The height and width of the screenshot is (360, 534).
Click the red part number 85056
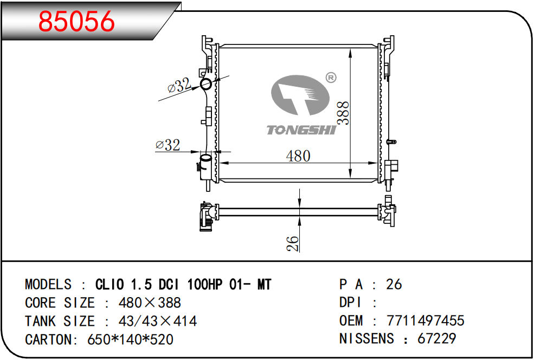[76, 21]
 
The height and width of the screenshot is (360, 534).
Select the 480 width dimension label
[298, 156]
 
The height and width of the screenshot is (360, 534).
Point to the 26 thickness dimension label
[293, 244]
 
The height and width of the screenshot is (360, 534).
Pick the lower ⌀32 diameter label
[168, 145]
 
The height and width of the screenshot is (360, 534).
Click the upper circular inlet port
[206, 84]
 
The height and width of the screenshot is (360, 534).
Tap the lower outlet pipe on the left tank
[205, 163]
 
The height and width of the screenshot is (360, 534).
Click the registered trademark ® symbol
[331, 78]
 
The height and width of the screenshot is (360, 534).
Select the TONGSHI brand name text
[301, 130]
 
